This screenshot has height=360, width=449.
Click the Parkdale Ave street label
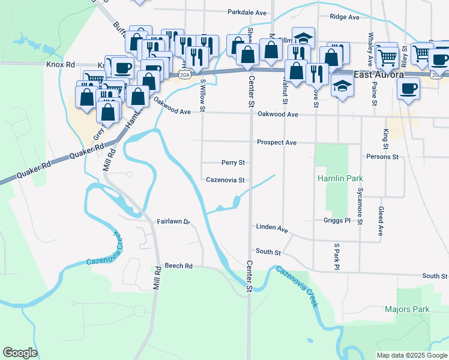tap(247, 12)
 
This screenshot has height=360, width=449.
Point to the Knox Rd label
tap(60, 64)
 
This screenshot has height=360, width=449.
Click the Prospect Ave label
tap(277, 143)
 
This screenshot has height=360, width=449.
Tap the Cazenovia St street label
tap(225, 180)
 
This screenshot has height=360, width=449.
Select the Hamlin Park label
tap(340, 179)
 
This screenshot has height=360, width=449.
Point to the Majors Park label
tap(408, 310)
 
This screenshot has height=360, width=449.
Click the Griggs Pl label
tap(337, 221)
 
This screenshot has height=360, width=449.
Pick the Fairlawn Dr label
tap(173, 222)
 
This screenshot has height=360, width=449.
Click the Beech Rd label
tap(178, 266)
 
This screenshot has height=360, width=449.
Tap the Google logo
tap(20, 353)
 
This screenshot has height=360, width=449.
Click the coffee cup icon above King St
tap(408, 88)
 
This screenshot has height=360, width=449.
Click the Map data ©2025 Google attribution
tap(411, 355)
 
